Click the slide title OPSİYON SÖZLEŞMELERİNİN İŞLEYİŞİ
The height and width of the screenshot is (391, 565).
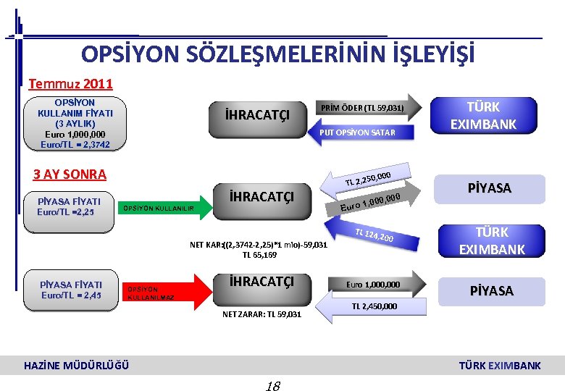tap(278, 54)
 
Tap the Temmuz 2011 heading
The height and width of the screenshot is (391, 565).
tap(70, 84)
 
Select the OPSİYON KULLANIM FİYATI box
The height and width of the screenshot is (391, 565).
tap(75, 124)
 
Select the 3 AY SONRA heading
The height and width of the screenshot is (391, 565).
tap(70, 174)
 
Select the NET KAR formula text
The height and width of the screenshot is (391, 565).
tap(259, 250)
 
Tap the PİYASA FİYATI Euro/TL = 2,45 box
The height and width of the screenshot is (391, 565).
tap(71, 290)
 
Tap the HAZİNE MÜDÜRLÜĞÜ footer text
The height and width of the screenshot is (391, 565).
tap(77, 365)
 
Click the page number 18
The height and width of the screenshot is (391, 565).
tap(273, 384)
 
